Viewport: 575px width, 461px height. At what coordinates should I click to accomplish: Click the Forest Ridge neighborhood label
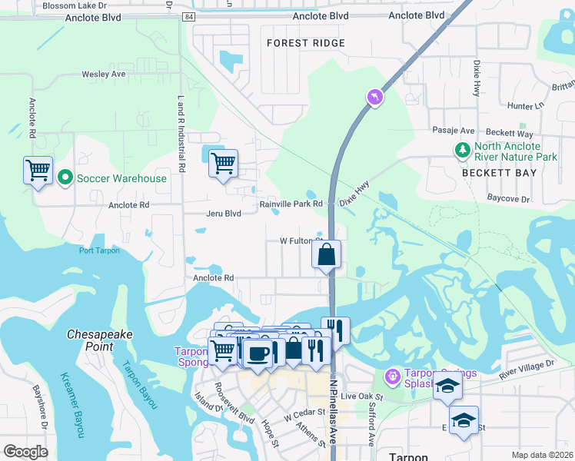point(306,43)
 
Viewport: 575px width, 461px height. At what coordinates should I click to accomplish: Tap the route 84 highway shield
point(189,16)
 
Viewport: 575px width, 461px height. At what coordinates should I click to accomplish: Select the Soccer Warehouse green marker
point(65,178)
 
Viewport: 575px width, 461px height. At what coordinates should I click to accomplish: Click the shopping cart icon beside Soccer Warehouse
point(38,170)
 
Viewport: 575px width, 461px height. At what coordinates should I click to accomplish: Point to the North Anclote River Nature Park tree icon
point(463,151)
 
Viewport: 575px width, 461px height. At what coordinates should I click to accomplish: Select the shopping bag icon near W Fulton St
point(326,254)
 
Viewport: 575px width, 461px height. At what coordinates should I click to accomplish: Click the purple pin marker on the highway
point(374,97)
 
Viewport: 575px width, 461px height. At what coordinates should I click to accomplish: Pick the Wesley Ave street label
point(104,75)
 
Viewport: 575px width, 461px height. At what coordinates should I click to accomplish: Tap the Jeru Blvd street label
point(224,214)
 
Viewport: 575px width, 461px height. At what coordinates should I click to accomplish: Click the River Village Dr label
point(527,367)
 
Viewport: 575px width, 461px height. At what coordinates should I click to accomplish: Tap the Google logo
point(26,452)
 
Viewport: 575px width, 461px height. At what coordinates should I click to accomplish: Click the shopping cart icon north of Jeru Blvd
point(223,163)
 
